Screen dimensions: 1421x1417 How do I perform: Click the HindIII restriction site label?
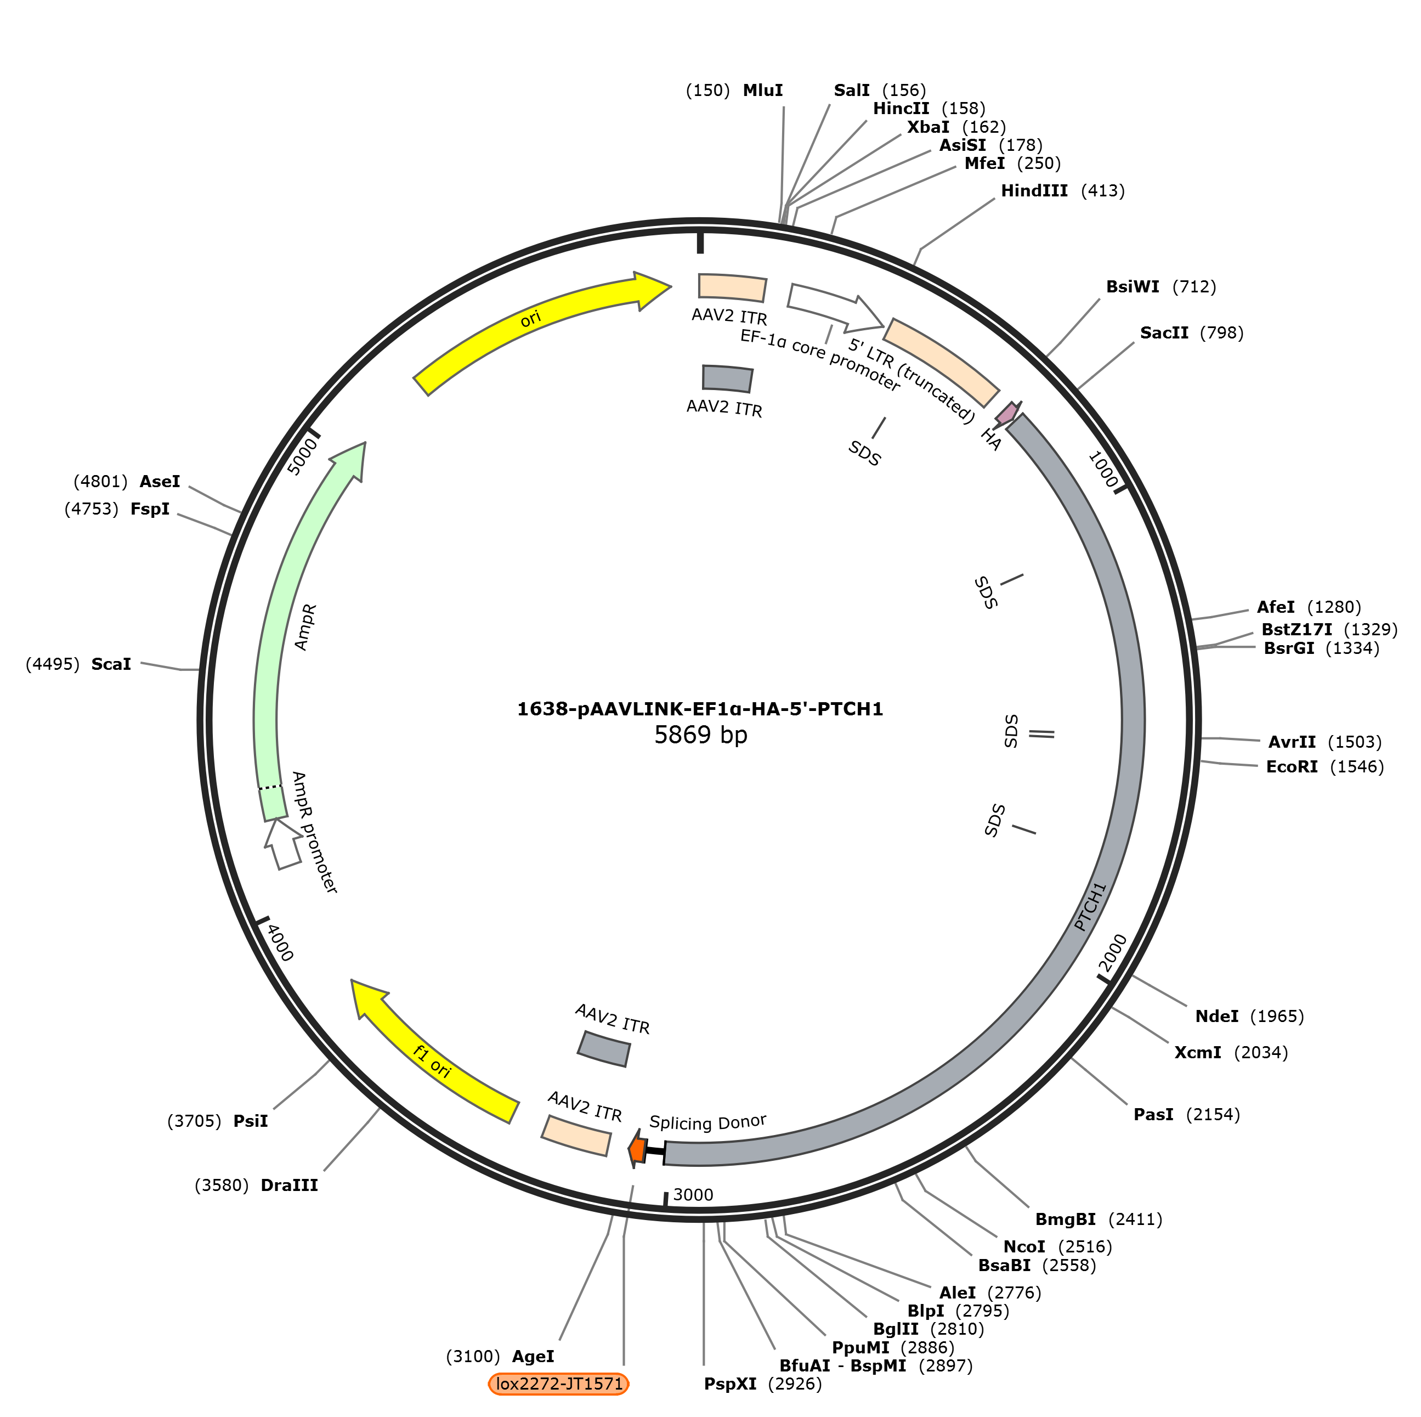pyautogui.click(x=1034, y=191)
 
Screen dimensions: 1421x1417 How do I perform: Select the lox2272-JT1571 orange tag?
pyautogui.click(x=559, y=1384)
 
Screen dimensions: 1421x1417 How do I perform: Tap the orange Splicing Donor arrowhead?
pyautogui.click(x=637, y=1150)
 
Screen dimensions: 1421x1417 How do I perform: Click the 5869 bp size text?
pyautogui.click(x=700, y=735)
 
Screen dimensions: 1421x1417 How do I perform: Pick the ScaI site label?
pyautogui.click(x=111, y=664)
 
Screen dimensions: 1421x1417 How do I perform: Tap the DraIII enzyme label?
pyautogui.click(x=289, y=1185)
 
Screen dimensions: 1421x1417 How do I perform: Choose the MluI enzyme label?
pyautogui.click(x=763, y=91)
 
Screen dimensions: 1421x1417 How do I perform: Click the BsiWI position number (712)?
pyautogui.click(x=1194, y=287)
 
